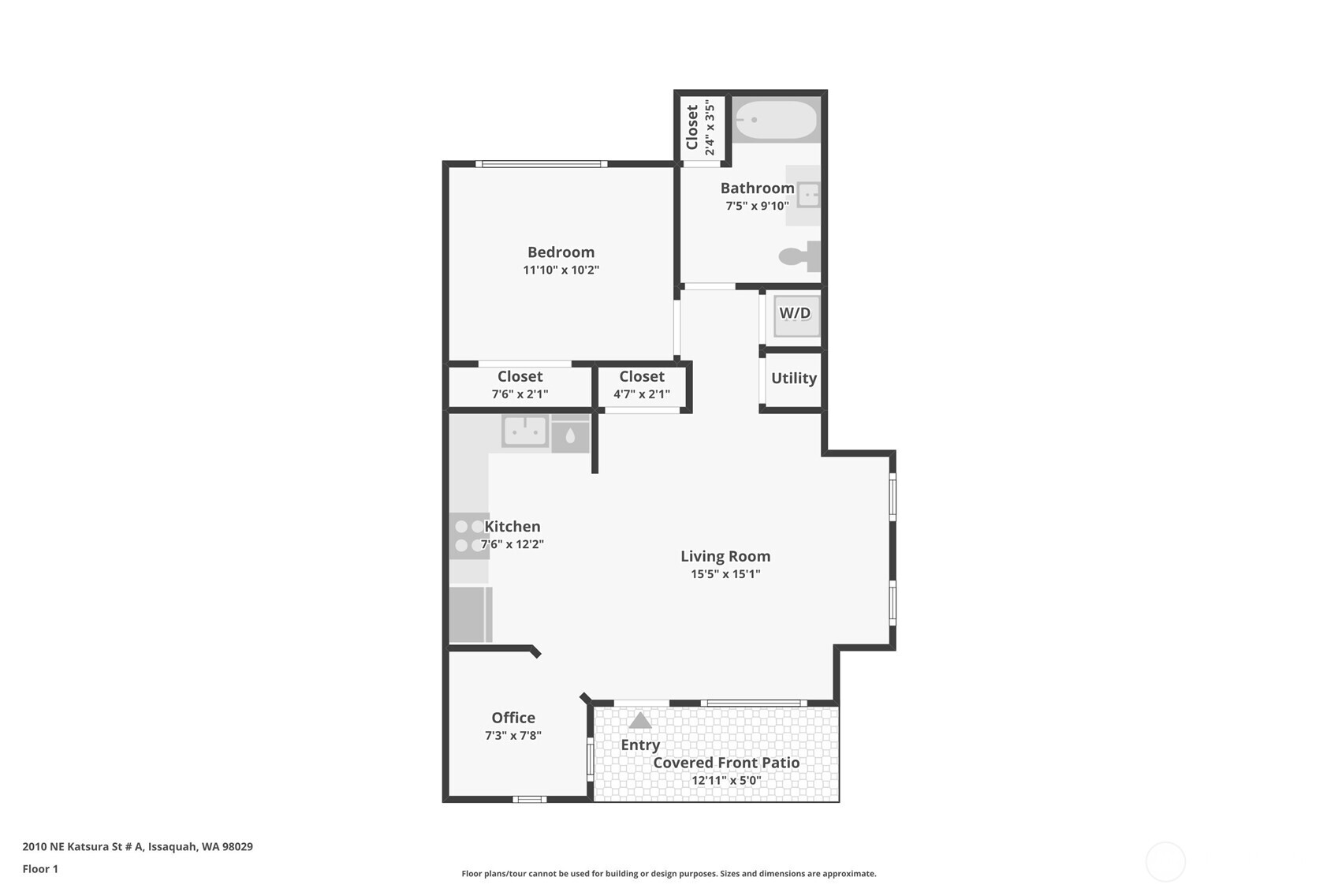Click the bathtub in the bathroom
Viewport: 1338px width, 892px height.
tap(776, 120)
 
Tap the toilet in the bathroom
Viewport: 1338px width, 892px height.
tap(799, 256)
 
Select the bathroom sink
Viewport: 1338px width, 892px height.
tap(809, 195)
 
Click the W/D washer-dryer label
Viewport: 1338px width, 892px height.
tap(795, 313)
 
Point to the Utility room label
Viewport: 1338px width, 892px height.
tap(794, 379)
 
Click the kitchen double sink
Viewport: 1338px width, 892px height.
tap(525, 431)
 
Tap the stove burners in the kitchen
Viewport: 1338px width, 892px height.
tap(469, 536)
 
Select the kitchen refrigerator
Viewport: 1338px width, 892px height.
tap(471, 614)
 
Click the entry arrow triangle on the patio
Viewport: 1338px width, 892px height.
tap(639, 720)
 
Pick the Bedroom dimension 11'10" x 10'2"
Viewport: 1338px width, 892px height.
tap(561, 270)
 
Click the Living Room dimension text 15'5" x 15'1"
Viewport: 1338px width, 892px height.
tap(725, 574)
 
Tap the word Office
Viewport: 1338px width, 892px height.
tap(513, 718)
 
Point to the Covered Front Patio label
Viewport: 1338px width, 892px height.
tap(726, 763)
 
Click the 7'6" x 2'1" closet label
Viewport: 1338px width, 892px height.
tap(520, 394)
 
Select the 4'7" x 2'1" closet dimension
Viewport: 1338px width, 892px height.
tap(642, 394)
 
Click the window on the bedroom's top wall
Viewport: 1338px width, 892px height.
tap(541, 164)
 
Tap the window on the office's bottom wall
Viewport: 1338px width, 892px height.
tap(529, 800)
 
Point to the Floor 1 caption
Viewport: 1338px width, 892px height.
tap(41, 869)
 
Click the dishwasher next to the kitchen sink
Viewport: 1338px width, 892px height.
tap(570, 435)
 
